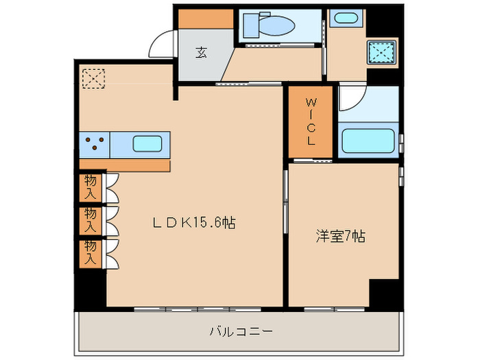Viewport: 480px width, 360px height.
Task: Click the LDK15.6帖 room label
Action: pos(194,222)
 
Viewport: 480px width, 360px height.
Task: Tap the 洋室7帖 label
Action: pos(340,237)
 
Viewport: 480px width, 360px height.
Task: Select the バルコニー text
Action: pos(241,332)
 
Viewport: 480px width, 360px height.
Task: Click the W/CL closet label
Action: pos(311,122)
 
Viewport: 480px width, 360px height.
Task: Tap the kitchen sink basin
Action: pos(147,145)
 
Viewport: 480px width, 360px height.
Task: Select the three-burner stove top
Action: pos(95,145)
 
